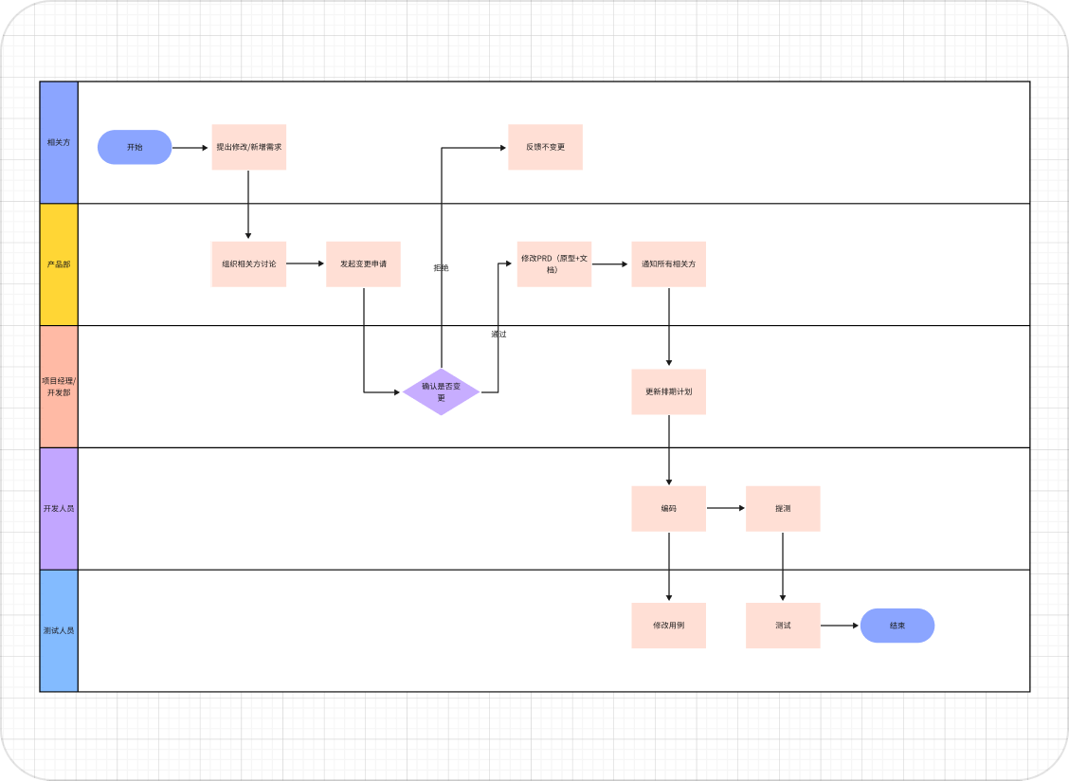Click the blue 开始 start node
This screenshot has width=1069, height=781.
click(x=135, y=147)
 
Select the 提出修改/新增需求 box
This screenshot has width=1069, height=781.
click(x=248, y=147)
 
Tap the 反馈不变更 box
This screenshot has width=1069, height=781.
click(x=545, y=147)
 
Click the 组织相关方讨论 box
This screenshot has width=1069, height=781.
click(x=248, y=263)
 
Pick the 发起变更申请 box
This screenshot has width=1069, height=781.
click(x=363, y=263)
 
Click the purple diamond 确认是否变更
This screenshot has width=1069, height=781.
click(x=441, y=391)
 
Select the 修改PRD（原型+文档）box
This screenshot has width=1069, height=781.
click(x=553, y=263)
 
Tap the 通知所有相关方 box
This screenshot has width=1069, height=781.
click(x=668, y=263)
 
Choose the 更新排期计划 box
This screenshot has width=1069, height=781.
click(x=668, y=391)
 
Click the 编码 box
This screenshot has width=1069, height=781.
click(x=668, y=508)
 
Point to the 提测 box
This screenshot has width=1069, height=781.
click(x=783, y=508)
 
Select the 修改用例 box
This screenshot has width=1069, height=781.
click(x=668, y=626)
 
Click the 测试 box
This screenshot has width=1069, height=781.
click(x=783, y=626)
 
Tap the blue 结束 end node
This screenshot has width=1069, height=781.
click(x=897, y=626)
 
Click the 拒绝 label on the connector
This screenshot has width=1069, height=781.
click(x=441, y=268)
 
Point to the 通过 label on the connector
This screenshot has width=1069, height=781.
click(x=498, y=334)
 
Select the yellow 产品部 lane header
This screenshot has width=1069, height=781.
click(x=59, y=264)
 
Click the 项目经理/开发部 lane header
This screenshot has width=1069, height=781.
click(x=59, y=387)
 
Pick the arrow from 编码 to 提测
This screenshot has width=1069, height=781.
click(x=726, y=508)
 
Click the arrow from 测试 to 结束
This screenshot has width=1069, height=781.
click(x=840, y=626)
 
